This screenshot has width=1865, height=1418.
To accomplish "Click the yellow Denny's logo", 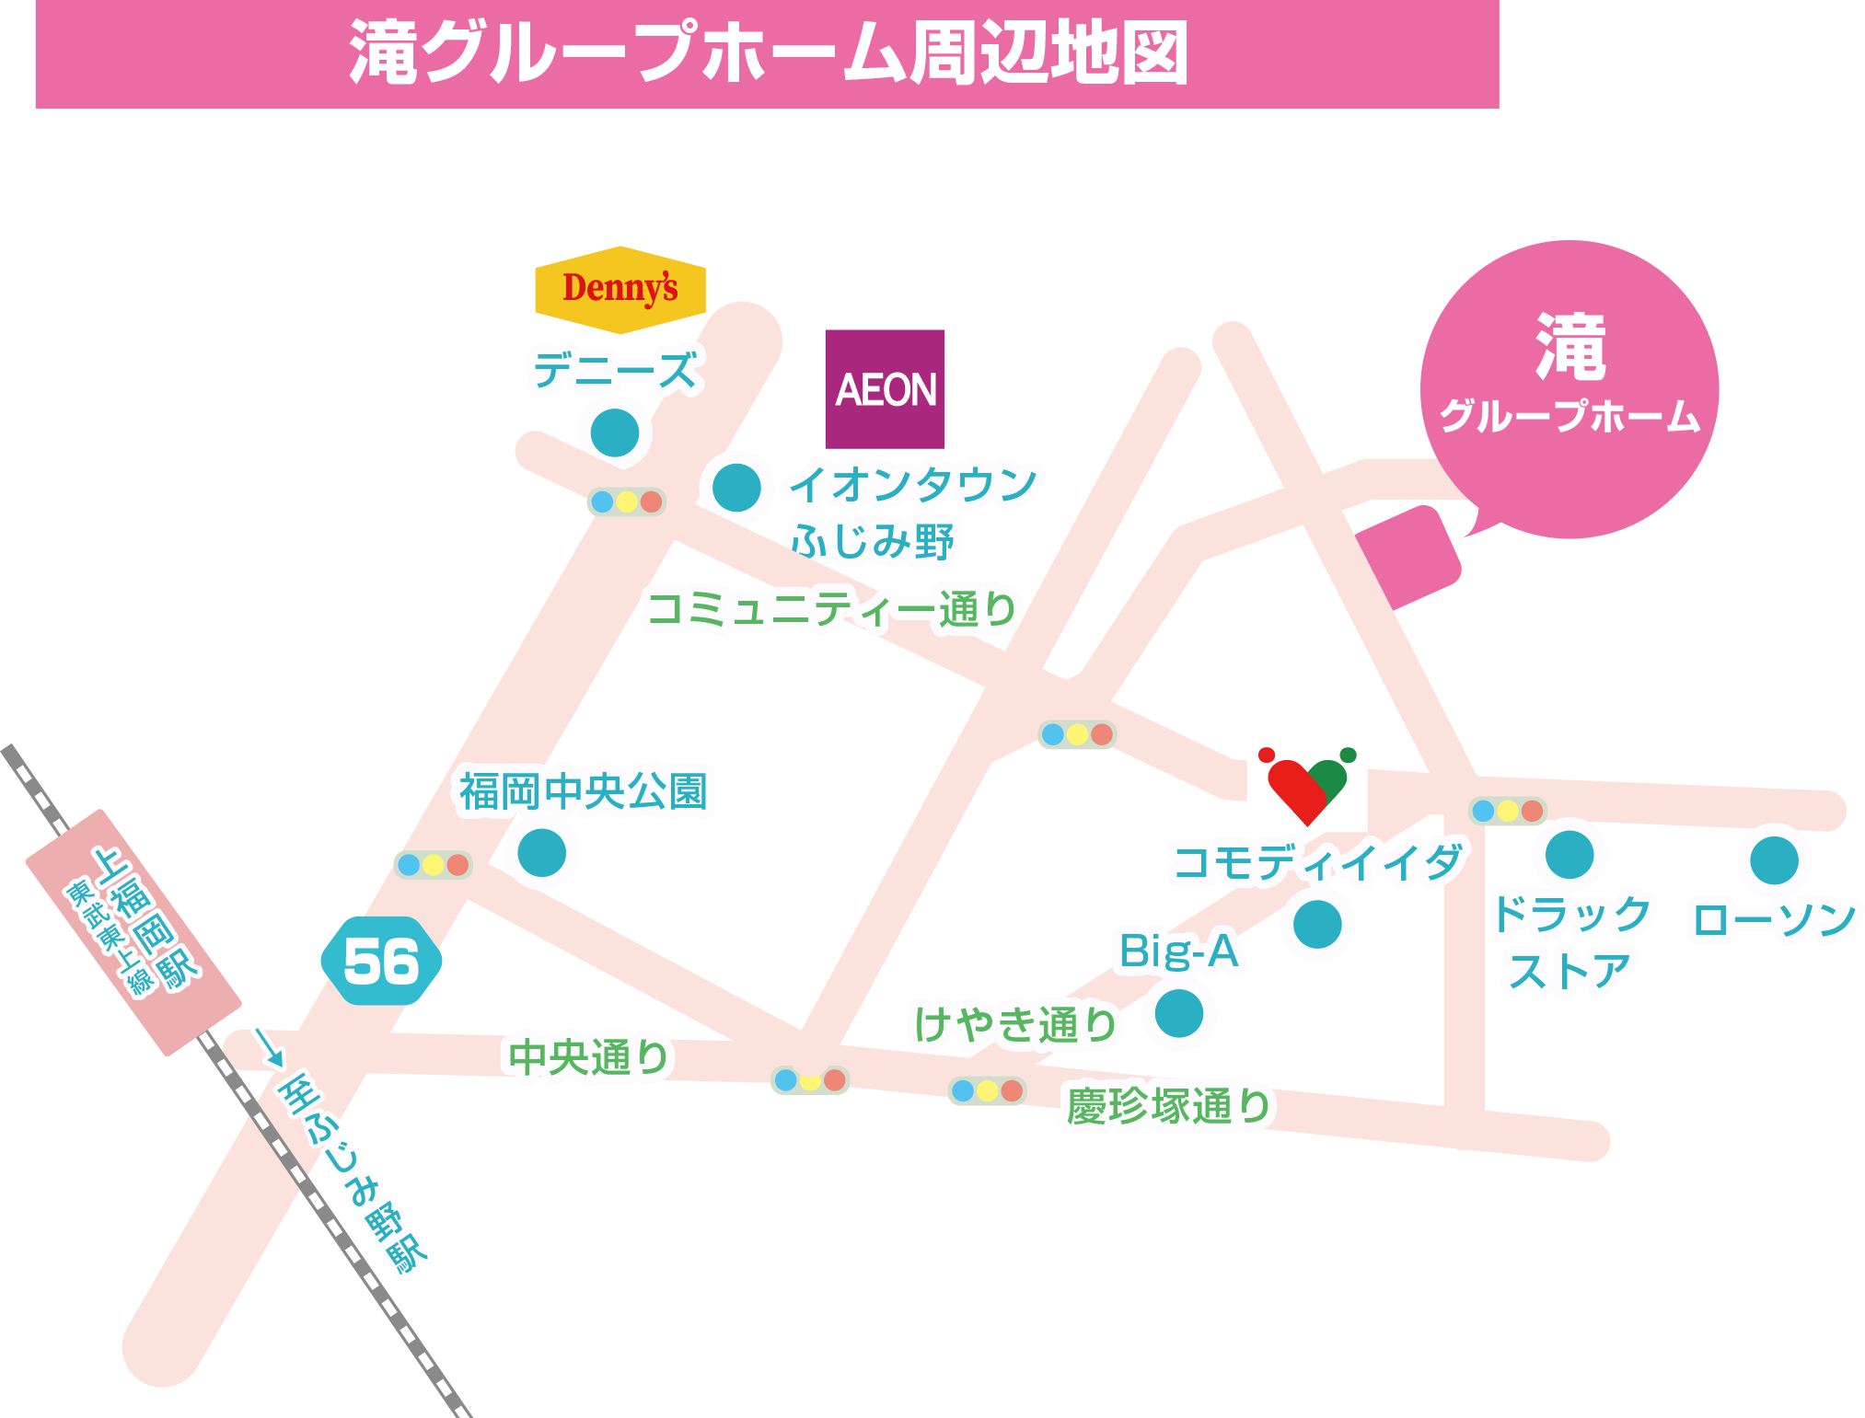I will (620, 289).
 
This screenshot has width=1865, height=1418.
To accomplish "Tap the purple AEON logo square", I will (885, 388).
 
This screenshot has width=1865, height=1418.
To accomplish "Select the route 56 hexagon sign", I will (381, 961).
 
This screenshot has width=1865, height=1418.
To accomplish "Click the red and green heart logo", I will (1306, 787).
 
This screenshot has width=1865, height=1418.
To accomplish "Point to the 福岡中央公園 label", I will (586, 791).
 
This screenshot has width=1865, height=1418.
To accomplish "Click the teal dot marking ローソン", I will (1773, 860).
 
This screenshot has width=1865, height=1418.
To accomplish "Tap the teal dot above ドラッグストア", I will (1570, 855).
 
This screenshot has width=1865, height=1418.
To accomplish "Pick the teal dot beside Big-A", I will (1179, 1013).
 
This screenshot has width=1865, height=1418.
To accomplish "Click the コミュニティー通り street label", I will (832, 609).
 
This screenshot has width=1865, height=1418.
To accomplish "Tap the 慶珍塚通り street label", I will (1168, 1106).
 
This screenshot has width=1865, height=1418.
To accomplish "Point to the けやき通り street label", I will (1014, 1025).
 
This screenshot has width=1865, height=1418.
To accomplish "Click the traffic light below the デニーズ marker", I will (626, 501).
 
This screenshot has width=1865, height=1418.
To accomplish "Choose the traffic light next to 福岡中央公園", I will (433, 865).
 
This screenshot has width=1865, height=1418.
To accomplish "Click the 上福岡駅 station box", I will (133, 932).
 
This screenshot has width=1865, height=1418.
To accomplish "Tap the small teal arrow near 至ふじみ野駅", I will (269, 1047).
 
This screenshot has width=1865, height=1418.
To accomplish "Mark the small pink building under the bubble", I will (1407, 557).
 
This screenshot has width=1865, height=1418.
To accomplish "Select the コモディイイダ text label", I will (1316, 863).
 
